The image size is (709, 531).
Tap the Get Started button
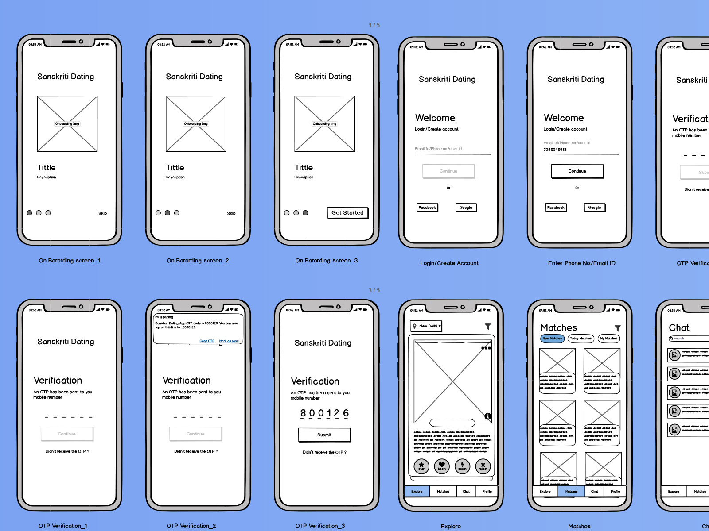click(347, 213)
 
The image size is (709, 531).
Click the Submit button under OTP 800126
click(324, 435)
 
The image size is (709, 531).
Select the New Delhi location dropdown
click(426, 326)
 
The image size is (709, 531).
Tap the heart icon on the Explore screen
click(442, 466)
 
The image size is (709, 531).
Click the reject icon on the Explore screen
click(483, 466)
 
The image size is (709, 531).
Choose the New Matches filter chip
click(552, 339)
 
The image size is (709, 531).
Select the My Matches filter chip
click(608, 339)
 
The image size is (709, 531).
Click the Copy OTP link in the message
click(207, 341)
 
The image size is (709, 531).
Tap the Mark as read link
click(229, 341)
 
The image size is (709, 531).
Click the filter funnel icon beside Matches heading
click(617, 328)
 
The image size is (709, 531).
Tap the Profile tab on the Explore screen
click(487, 492)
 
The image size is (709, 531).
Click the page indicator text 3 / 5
click(374, 290)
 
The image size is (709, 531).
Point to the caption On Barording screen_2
click(198, 261)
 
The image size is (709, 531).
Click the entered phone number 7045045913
click(555, 150)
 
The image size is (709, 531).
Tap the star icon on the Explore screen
click(421, 466)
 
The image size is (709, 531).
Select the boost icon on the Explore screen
click(462, 466)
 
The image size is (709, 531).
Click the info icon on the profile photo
click(487, 416)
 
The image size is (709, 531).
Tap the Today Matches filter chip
click(580, 339)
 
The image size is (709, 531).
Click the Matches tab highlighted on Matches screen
click(571, 492)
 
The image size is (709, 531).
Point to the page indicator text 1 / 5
click(374, 25)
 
